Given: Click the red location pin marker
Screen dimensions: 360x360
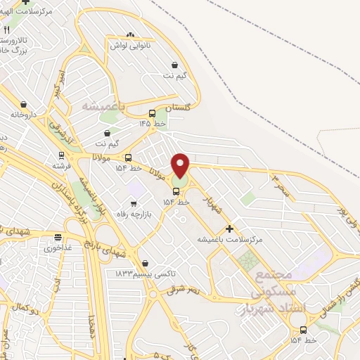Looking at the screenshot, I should pyautogui.click(x=181, y=165).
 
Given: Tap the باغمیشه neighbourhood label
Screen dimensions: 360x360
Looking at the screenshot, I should pyautogui.click(x=103, y=105).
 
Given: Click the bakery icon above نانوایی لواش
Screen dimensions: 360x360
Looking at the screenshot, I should pyautogui.click(x=129, y=34).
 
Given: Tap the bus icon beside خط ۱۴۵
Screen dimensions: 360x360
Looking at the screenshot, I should pyautogui.click(x=153, y=113).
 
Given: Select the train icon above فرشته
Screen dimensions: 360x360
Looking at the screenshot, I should pyautogui.click(x=61, y=155).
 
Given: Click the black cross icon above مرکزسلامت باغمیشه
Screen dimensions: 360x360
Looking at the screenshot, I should pyautogui.click(x=230, y=229).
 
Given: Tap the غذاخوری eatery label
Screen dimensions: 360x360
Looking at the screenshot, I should pyautogui.click(x=58, y=248).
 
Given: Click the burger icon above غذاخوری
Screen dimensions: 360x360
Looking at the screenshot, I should pyautogui.click(x=58, y=238).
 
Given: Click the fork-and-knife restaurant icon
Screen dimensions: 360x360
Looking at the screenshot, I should pyautogui.click(x=6, y=30).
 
